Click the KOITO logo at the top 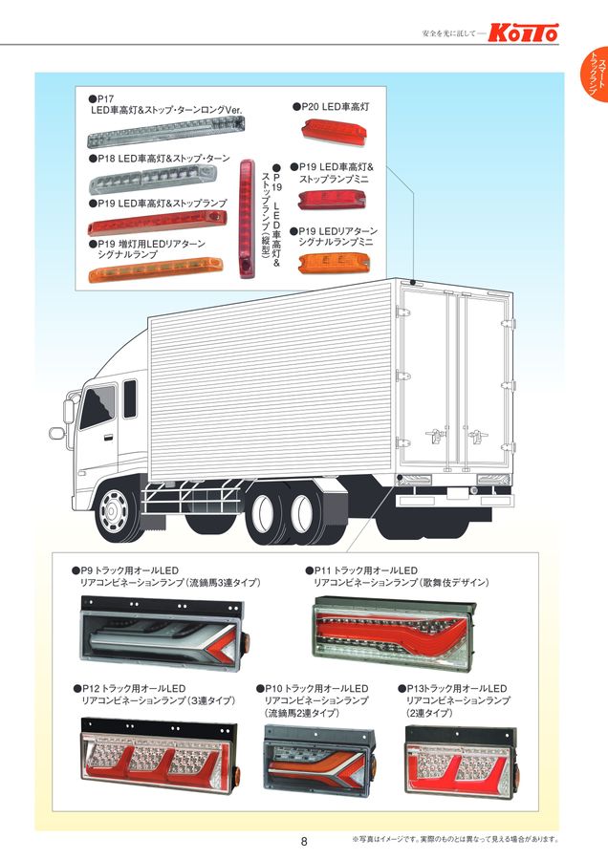tap(524, 32)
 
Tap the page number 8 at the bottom tap(304, 842)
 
